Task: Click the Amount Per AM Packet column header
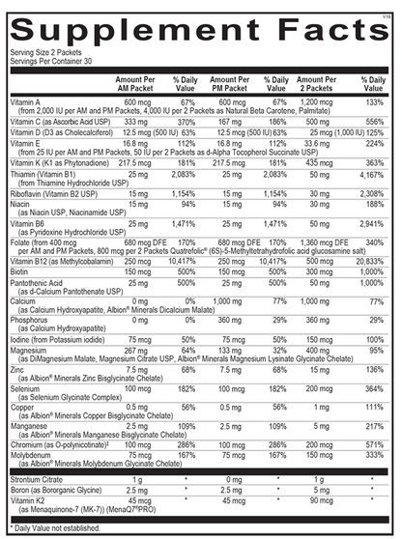pyautogui.click(x=136, y=83)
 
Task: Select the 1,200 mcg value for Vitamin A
pyautogui.click(x=318, y=101)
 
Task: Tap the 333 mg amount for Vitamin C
pyautogui.click(x=136, y=122)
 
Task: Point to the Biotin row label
pyautogui.click(x=24, y=272)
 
